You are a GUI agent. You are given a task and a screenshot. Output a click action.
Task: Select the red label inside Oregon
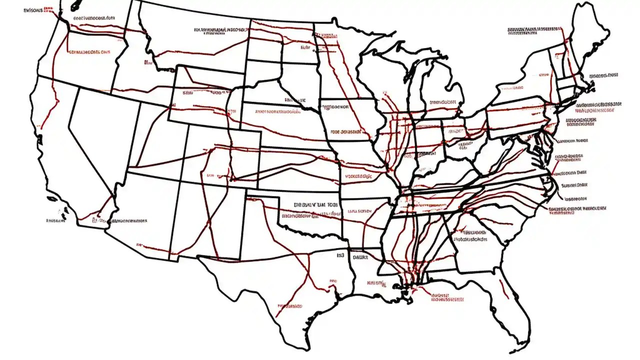click(89, 51)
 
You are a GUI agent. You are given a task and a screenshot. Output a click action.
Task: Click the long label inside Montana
click(220, 30)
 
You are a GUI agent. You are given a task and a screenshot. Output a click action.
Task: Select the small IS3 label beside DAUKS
click(341, 255)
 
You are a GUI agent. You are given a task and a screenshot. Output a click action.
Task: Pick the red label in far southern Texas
click(289, 304)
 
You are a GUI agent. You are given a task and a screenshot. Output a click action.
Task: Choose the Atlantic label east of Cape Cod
click(605, 76)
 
